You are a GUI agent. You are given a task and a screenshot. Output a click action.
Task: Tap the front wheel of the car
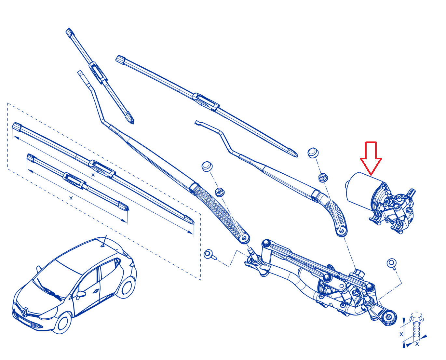pos(62,322)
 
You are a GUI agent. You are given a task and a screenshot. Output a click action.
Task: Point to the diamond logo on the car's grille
pos(25,312)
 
